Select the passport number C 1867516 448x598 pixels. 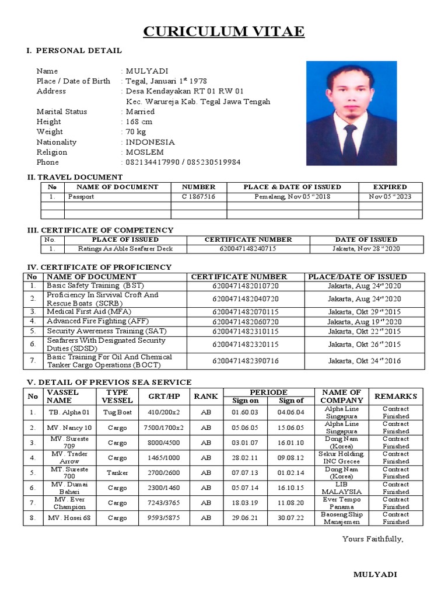(x=198, y=197)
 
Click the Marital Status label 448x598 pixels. (x=61, y=112)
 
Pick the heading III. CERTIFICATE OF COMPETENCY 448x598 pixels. (x=101, y=230)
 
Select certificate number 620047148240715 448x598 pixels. (x=248, y=249)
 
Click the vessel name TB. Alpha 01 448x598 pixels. (x=69, y=412)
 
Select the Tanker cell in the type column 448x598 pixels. (x=117, y=473)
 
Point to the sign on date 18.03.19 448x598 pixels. (x=246, y=503)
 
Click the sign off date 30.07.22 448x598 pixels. (x=291, y=519)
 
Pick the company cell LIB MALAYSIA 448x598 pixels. (x=341, y=488)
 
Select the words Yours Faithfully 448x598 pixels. (x=373, y=538)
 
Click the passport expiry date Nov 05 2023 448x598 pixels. (x=390, y=197)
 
